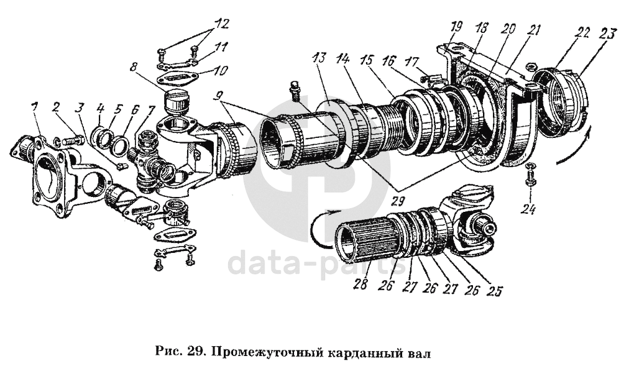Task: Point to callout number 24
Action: point(529,210)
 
